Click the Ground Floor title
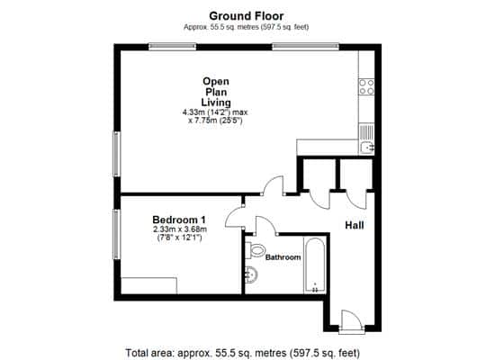click(x=247, y=16)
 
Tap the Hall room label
click(x=355, y=225)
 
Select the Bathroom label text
click(x=283, y=257)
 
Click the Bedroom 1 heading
click(x=179, y=220)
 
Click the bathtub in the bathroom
click(x=315, y=265)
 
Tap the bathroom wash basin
click(x=251, y=274)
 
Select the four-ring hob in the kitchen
click(x=366, y=86)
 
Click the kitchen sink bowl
click(x=367, y=148)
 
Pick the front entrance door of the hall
click(x=351, y=322)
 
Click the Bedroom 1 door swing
click(x=234, y=218)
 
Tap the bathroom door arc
click(x=265, y=225)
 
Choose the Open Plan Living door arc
click(x=274, y=185)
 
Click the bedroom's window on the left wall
click(x=117, y=234)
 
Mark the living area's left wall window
click(x=117, y=154)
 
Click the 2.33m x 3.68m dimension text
click(x=180, y=229)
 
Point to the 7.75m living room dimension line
click(x=215, y=121)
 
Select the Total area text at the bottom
click(x=242, y=353)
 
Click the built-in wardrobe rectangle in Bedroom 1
click(x=149, y=286)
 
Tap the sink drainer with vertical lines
click(x=366, y=132)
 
